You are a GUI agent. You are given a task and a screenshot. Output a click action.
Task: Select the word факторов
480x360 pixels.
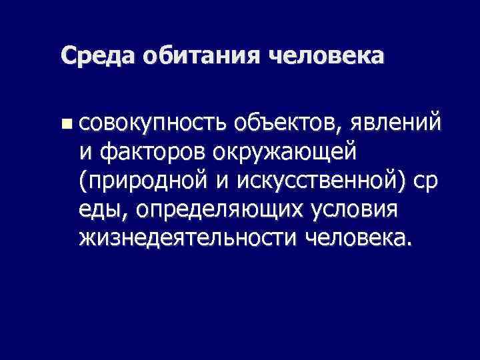(x=153, y=152)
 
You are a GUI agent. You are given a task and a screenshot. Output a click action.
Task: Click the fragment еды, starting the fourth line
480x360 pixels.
(x=104, y=210)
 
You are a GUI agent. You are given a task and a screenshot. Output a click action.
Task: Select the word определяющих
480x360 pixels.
(x=223, y=210)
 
